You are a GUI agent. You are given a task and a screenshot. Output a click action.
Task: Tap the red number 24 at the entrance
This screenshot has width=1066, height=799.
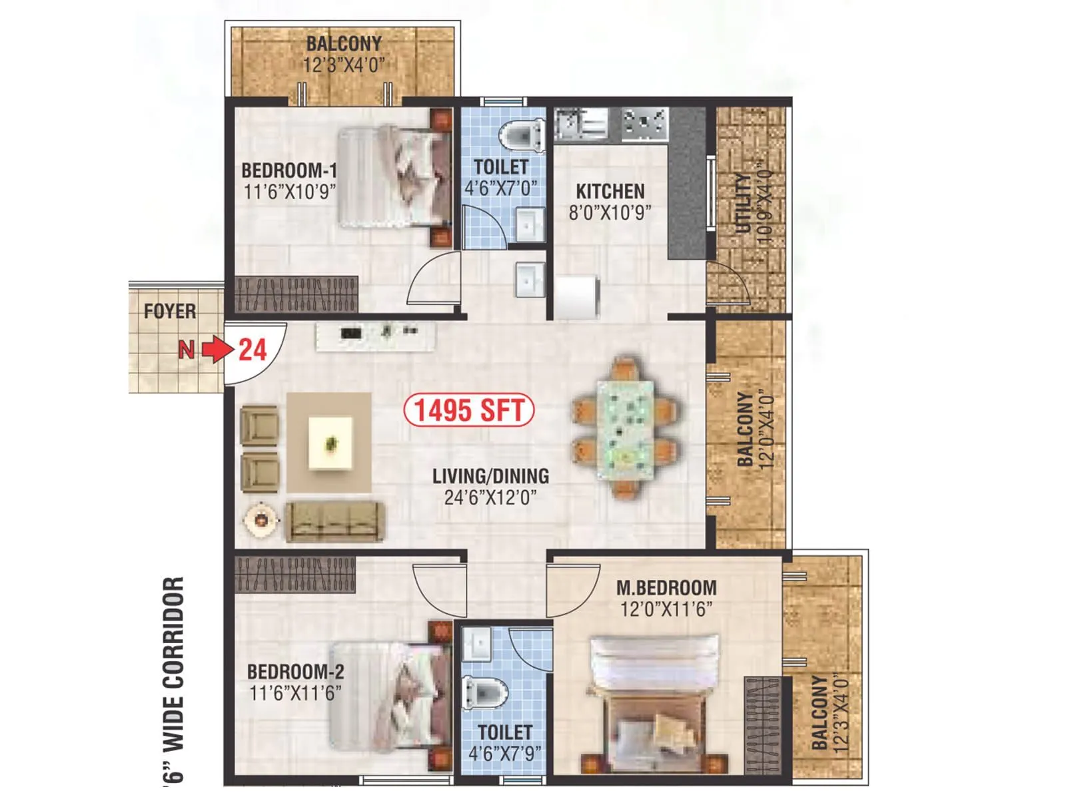coord(253,350)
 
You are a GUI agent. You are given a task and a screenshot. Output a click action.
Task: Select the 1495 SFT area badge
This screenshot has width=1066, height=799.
coord(469,410)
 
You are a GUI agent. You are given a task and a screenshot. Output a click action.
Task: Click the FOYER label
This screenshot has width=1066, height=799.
coord(170,311)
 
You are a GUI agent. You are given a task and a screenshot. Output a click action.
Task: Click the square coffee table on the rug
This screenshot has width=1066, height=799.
coord(330,443)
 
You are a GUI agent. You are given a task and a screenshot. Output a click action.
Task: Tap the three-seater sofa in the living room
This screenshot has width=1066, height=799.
coord(334,521)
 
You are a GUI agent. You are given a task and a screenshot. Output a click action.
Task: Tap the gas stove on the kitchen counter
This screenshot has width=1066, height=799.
coord(644,123)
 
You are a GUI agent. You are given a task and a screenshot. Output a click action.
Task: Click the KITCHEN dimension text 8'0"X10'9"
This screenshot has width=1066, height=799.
coord(610,212)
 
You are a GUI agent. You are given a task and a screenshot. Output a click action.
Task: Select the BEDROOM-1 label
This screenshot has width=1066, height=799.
coord(288,170)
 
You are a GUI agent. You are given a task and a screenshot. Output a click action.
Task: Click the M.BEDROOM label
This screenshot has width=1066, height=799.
coord(666,588)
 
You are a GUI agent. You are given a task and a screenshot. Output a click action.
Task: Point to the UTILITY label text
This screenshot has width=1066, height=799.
coord(742,203)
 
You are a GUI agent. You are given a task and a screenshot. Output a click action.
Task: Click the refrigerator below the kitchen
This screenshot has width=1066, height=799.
coord(577,298)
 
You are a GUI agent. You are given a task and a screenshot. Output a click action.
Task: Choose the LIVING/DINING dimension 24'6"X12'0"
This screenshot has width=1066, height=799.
coord(490,497)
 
